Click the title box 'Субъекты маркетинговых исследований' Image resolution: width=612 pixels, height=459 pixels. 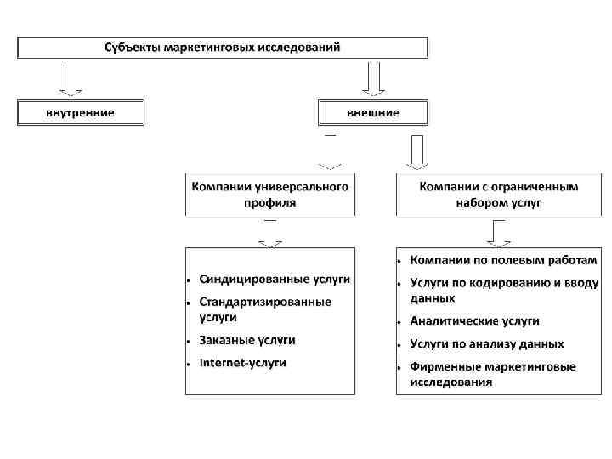(223, 47)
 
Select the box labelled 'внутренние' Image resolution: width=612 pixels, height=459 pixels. (81, 112)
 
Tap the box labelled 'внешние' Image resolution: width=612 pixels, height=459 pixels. (373, 112)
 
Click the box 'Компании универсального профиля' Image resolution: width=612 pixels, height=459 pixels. (270, 194)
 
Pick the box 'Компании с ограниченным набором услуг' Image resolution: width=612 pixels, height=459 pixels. (498, 194)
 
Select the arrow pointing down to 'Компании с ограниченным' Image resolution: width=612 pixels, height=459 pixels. (416, 152)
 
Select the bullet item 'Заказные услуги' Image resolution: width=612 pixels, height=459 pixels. (247, 340)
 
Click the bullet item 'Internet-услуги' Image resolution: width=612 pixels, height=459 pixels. (243, 363)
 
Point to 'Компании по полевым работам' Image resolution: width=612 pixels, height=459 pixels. (501, 258)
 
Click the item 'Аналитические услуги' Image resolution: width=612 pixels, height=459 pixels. (474, 321)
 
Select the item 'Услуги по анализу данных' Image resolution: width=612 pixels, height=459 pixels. (486, 344)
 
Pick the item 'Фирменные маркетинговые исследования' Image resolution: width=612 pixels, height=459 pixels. (492, 374)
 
